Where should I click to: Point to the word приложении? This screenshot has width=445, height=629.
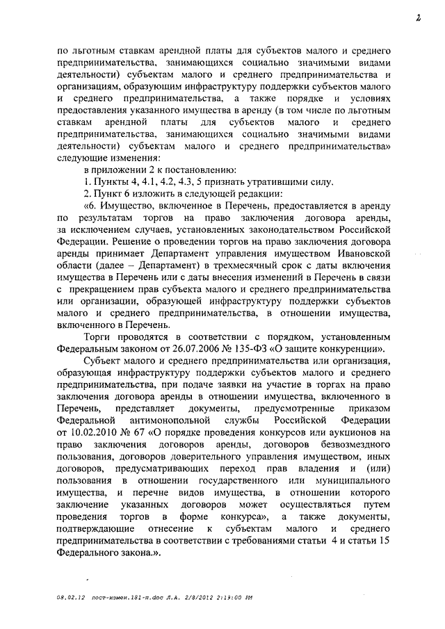115,170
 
